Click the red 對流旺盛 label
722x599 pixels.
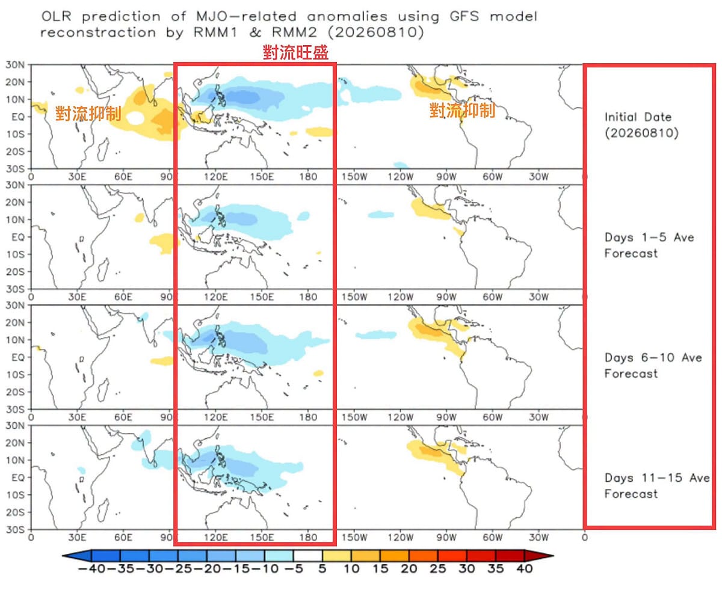point(295,52)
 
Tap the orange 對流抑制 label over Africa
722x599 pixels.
point(88,114)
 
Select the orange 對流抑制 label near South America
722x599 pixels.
point(462,111)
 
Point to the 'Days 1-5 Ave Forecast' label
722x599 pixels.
point(649,245)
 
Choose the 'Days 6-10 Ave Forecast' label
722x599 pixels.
point(653,366)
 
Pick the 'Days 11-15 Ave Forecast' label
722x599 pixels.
point(657,486)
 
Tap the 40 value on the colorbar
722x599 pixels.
point(524,569)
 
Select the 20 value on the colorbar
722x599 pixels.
point(409,569)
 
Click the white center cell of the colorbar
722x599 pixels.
point(307,556)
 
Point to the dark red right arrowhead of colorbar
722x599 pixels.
point(539,556)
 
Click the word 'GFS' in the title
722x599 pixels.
point(464,16)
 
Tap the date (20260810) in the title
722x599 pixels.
point(375,32)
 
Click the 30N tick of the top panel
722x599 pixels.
point(15,64)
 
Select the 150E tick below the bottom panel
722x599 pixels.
point(262,538)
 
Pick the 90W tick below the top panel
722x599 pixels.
point(446,177)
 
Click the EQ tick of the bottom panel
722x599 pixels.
point(17,478)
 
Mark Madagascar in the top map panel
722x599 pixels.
point(103,149)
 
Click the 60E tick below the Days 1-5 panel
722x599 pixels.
point(123,297)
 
